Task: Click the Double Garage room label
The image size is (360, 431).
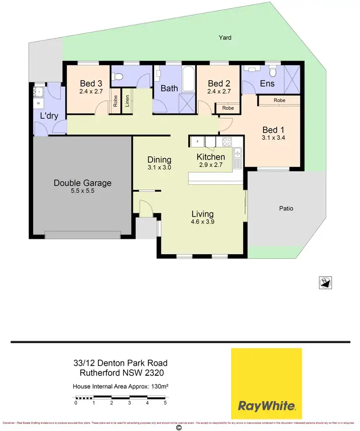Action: pos(82,183)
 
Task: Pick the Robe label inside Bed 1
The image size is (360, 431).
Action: pos(279,100)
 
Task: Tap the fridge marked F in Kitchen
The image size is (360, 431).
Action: pos(197,141)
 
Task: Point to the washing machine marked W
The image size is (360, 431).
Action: pos(38,103)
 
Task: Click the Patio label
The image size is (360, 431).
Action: pos(286,209)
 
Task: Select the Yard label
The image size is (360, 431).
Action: pos(225,37)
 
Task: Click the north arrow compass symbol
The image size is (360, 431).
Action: pos(325,283)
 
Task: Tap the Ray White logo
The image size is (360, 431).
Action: pos(266,384)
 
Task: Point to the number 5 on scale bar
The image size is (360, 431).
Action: pos(165,403)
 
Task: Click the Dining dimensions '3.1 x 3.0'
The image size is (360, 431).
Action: pos(159,168)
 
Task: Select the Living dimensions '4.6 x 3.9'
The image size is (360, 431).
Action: pos(203,222)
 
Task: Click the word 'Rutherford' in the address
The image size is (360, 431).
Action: pos(102,373)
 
